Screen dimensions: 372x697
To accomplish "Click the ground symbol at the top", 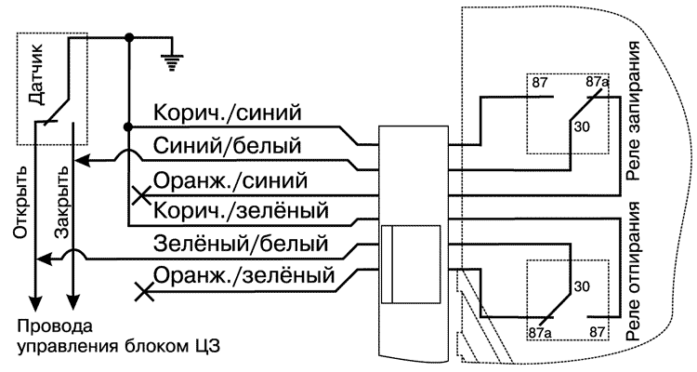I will pos(171,61).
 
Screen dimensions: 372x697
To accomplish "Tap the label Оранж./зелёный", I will pos(244,275).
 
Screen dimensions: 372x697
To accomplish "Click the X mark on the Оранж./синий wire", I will pos(142,195).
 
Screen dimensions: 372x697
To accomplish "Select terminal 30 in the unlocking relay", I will pos(582,287).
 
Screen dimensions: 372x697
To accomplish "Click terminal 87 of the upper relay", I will pos(540,84).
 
